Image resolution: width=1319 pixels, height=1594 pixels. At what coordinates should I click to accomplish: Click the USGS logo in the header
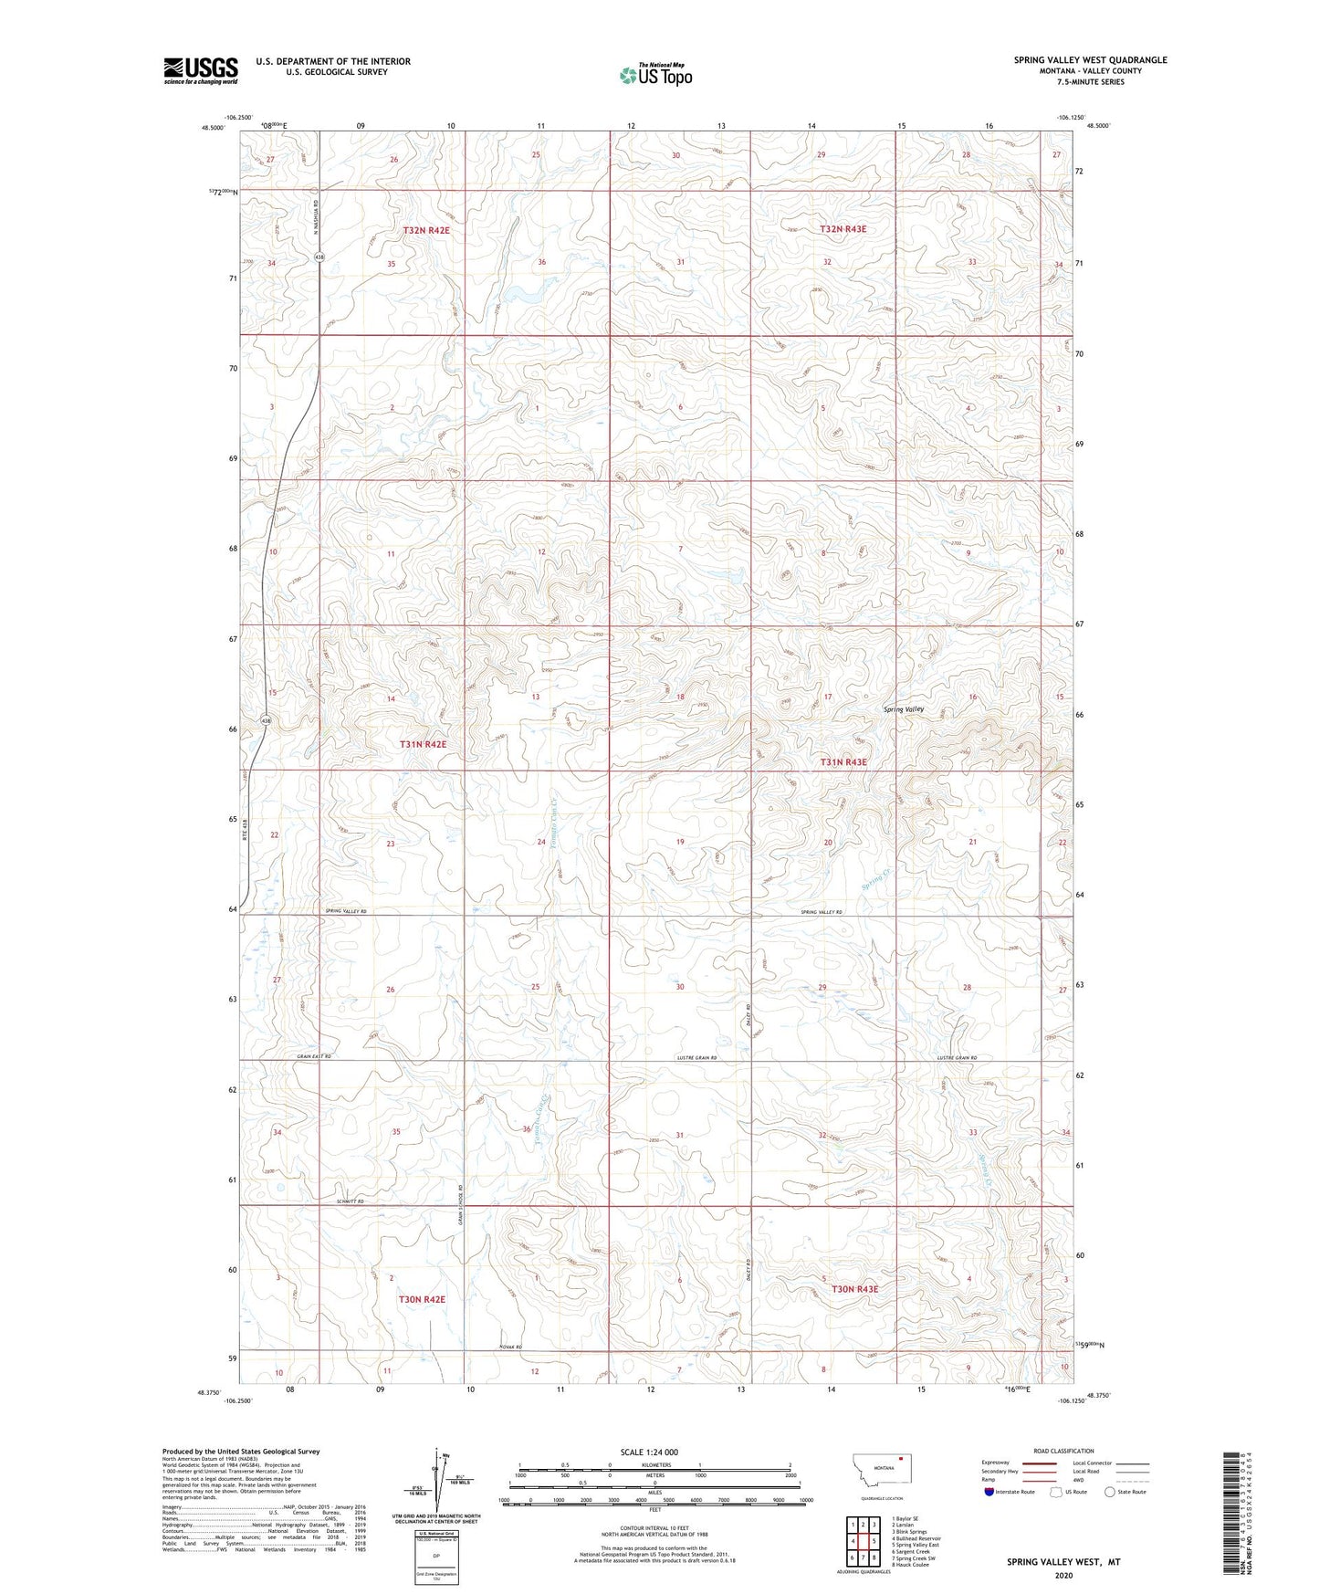click(200, 70)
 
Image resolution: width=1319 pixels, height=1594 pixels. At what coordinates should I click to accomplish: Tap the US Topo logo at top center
click(655, 74)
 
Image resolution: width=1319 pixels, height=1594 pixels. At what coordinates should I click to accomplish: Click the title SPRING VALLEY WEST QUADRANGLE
click(1090, 60)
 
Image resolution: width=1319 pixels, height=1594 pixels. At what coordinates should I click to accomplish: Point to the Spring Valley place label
click(903, 709)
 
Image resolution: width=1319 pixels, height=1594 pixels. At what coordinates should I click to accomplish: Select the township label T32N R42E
click(426, 231)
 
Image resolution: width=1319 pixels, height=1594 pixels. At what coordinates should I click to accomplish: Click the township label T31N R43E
click(843, 761)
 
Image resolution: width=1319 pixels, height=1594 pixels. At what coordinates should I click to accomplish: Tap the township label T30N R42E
click(422, 1299)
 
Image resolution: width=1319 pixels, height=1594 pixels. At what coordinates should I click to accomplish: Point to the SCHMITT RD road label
click(350, 1201)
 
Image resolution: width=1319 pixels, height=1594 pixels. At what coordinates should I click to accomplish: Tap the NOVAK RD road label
click(510, 1348)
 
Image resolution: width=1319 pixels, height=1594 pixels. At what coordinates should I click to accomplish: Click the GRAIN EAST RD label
click(313, 1057)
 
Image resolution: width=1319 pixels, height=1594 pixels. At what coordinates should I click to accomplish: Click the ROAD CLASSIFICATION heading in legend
click(1063, 1451)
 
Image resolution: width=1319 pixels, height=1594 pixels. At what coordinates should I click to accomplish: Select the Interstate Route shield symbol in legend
click(990, 1492)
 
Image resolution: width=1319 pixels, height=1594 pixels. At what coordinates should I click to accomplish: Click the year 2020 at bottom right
click(1063, 1575)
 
